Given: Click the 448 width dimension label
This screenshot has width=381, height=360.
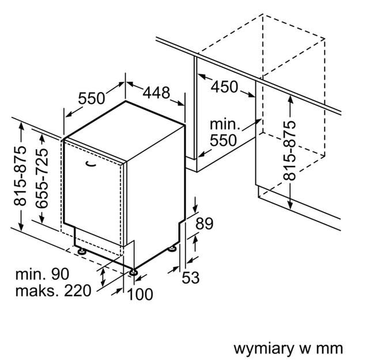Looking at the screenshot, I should [x=157, y=93].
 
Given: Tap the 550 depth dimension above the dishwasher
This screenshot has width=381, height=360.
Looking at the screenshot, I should [x=92, y=98].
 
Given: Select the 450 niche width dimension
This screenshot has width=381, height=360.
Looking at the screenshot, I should [x=224, y=86].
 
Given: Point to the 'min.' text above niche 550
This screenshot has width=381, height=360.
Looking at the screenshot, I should [x=224, y=124].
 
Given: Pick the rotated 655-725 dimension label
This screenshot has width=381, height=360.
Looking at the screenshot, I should [x=42, y=176].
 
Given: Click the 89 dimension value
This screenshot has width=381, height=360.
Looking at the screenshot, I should [x=205, y=223].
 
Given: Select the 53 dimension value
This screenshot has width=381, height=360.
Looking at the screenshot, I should [x=190, y=278].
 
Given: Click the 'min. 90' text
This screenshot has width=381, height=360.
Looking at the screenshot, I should [x=43, y=274].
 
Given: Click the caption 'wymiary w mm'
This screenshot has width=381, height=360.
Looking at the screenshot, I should [x=288, y=348].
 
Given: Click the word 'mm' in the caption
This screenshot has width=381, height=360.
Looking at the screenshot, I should [x=331, y=348].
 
